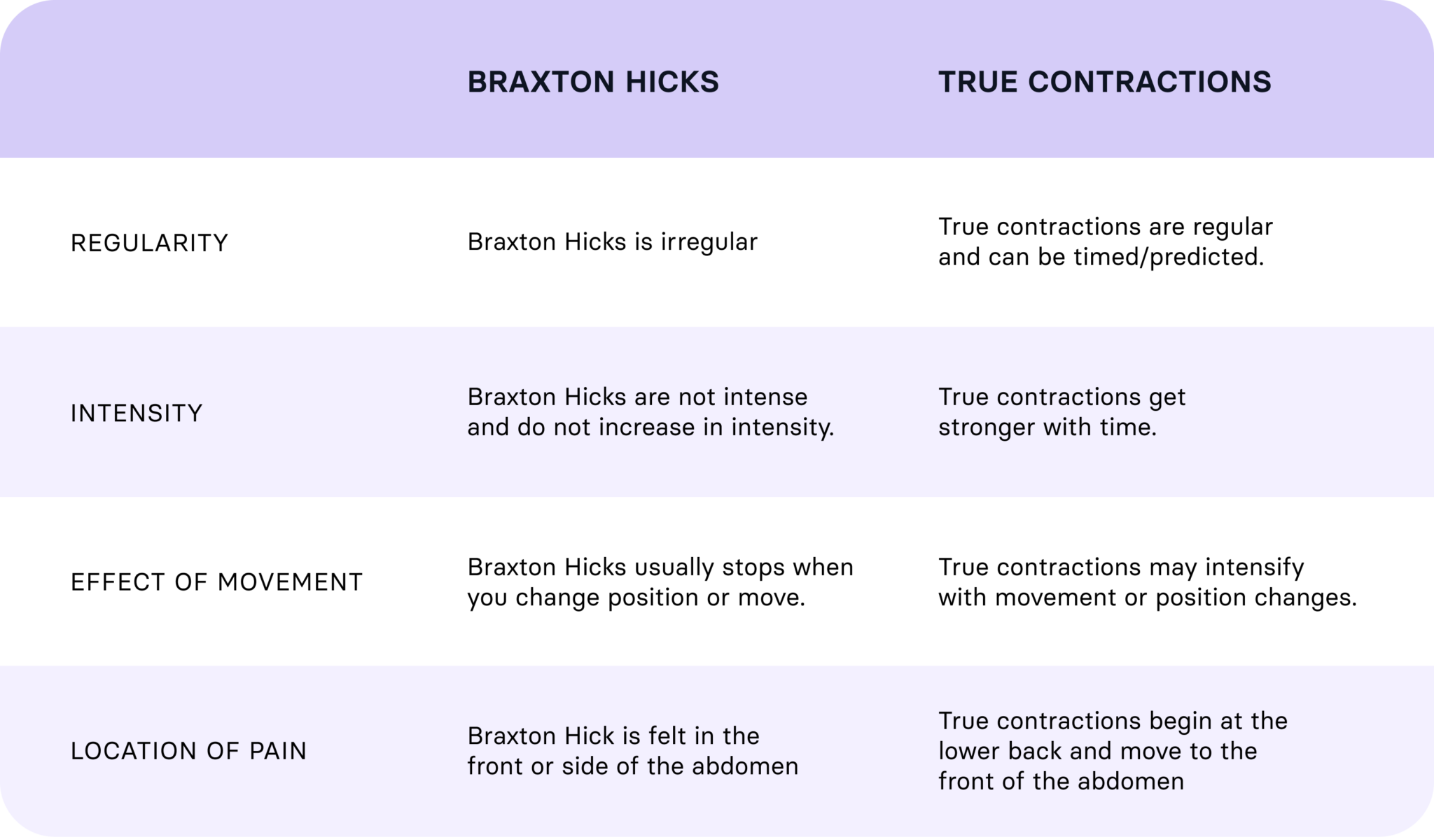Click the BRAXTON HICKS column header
593,82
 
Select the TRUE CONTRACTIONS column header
1104,82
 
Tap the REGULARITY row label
149,243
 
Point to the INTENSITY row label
137,413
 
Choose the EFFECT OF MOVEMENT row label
216,582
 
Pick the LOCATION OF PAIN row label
188,751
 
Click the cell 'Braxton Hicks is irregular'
612,242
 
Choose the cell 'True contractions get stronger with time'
1061,412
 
